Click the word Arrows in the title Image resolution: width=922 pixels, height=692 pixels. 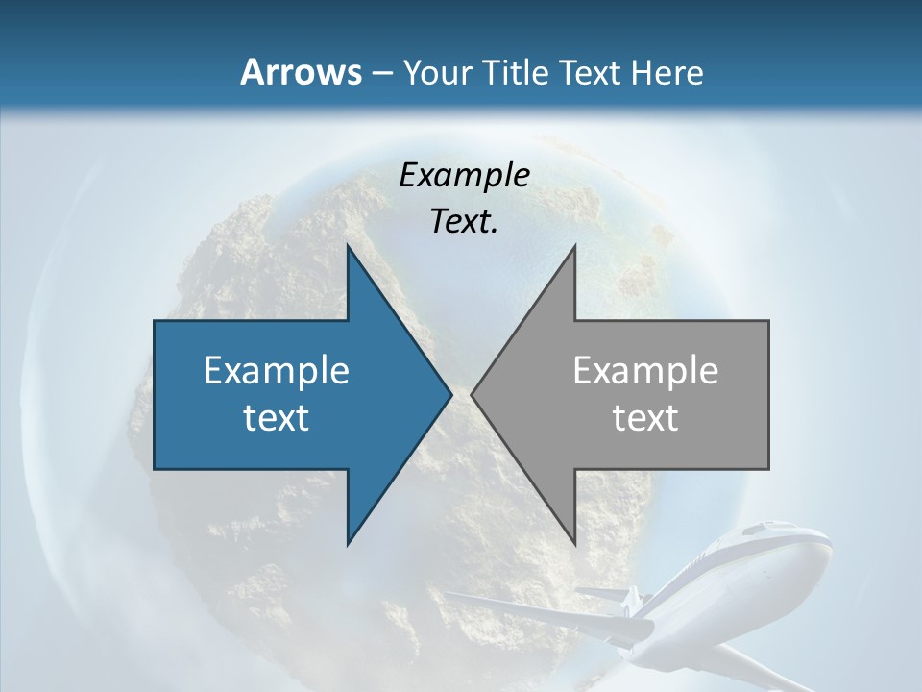[300, 72]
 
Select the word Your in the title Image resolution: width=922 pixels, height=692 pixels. [437, 73]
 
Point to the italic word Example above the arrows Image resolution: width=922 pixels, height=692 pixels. [465, 175]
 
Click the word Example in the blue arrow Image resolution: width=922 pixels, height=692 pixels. [277, 371]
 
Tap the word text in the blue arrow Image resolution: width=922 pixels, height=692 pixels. [277, 418]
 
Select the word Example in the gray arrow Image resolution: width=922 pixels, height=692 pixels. [645, 371]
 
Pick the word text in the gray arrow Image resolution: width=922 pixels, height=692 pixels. [645, 418]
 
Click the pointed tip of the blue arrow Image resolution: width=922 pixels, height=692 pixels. [450, 394]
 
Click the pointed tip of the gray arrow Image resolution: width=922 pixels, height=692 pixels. [472, 394]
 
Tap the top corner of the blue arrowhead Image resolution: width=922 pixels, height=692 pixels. [348, 246]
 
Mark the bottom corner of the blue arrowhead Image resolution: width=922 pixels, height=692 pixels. [348, 544]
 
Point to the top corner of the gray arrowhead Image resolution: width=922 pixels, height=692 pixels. [574, 246]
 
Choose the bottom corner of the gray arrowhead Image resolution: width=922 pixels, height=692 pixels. [574, 544]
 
